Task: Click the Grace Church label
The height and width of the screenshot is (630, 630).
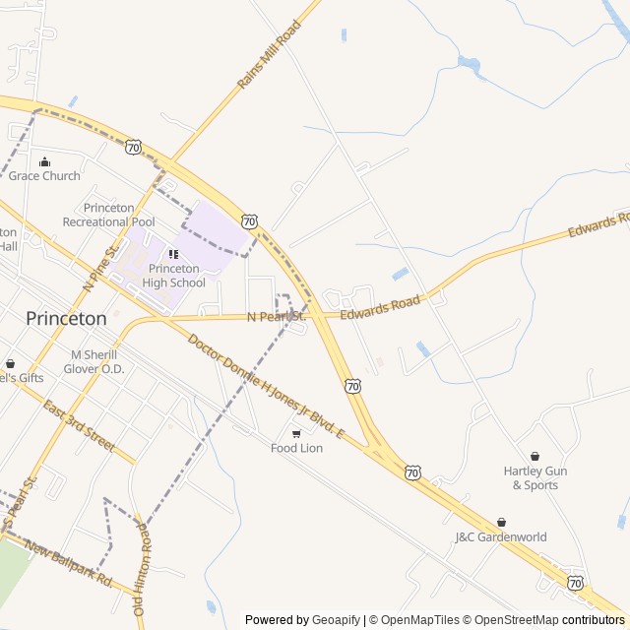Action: point(44,176)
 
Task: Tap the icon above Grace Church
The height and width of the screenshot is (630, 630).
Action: point(44,162)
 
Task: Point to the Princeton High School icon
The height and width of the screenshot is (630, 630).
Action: point(174,255)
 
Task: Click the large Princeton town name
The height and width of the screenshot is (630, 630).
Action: point(66,318)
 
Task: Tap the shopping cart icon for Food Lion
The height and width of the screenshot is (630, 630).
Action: point(296,433)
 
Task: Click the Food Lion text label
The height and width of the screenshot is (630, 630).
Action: point(296,448)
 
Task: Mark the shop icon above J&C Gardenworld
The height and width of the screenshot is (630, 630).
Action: point(501,523)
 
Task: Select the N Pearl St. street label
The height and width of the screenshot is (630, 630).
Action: point(277,317)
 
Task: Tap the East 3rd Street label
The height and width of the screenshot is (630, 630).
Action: point(80,419)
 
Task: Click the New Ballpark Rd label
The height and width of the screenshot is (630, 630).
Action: point(70,562)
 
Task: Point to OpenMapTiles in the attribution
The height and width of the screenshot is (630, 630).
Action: point(414,620)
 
